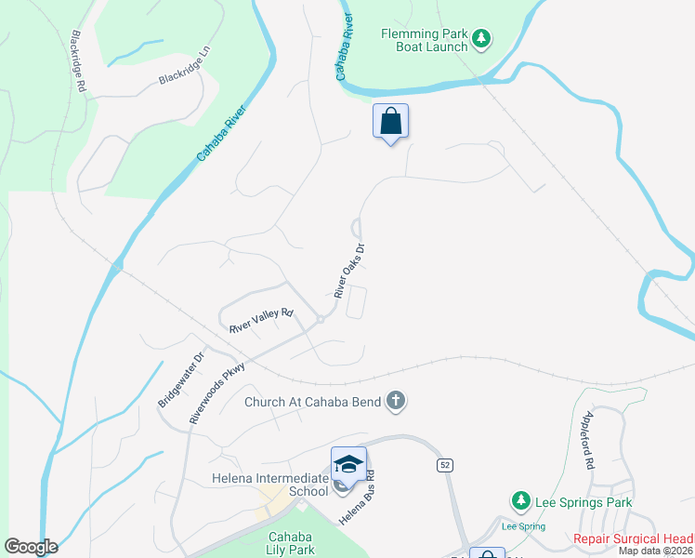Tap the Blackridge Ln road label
tap(185, 67)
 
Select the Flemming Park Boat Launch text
tap(423, 41)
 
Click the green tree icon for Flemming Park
tap(480, 39)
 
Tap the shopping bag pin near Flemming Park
tap(391, 121)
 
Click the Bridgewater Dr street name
tap(181, 379)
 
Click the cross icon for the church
tap(396, 402)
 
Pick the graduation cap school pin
tap(348, 463)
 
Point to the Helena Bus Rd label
tap(357, 498)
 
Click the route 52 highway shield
tap(444, 463)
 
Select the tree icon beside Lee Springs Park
tap(521, 502)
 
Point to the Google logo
tap(31, 547)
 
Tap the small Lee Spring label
tap(523, 526)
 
